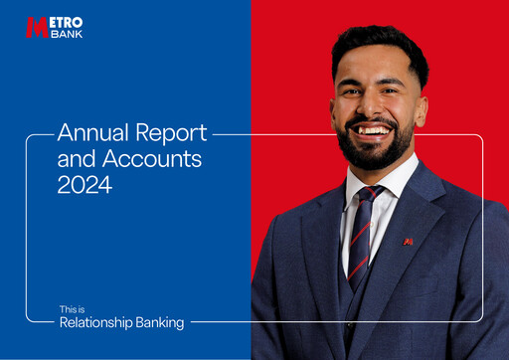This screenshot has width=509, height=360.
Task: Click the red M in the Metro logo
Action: tap(37, 27)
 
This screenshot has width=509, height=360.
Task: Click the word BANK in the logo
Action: tap(66, 33)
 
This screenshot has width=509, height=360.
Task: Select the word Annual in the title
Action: tap(85, 132)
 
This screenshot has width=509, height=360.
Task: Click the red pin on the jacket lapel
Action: tap(408, 242)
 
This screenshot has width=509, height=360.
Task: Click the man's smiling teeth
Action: tap(374, 129)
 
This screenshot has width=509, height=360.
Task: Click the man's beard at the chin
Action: tap(375, 155)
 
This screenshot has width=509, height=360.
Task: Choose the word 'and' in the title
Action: tap(74, 158)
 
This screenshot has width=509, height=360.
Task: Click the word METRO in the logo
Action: tap(67, 22)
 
